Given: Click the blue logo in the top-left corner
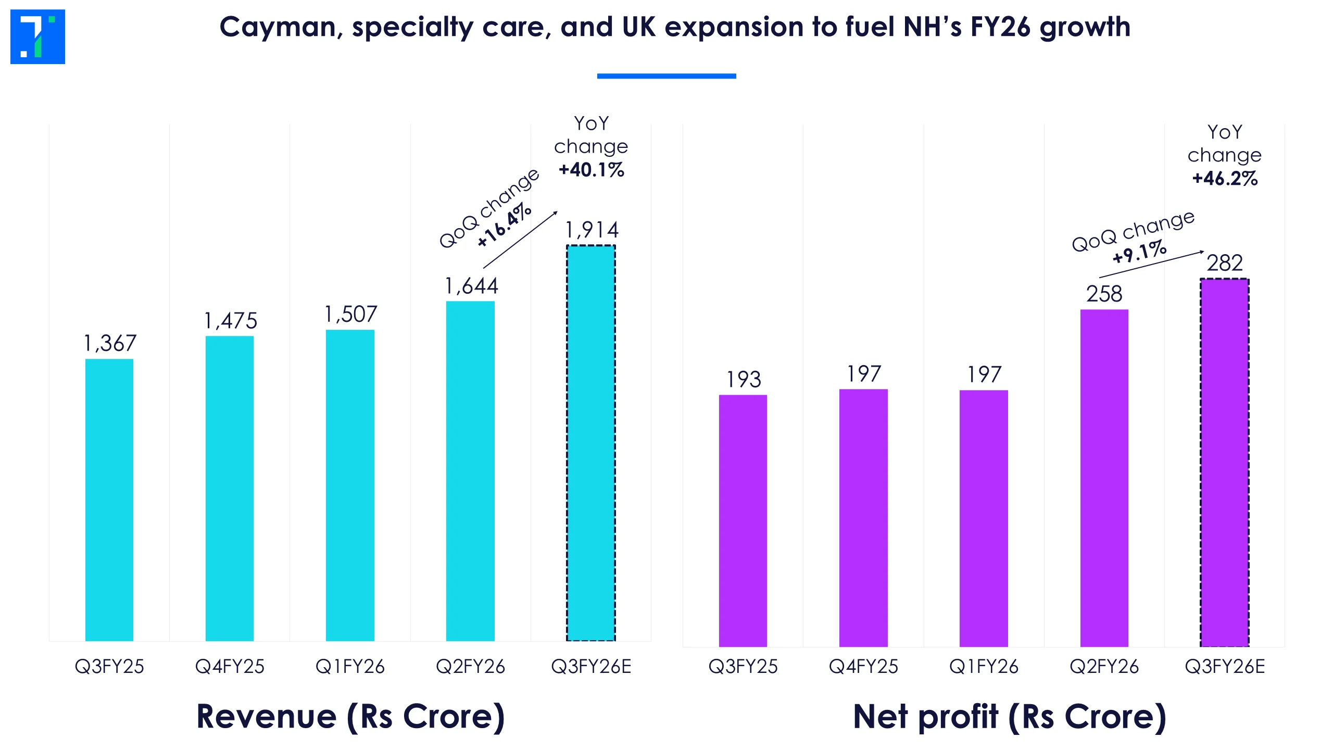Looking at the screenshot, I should [37, 36].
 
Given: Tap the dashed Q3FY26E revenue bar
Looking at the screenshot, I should [591, 443].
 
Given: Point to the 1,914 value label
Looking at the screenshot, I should [592, 230].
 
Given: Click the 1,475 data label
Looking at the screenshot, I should [231, 321].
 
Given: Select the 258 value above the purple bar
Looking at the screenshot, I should [1104, 294].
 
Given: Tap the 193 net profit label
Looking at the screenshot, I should [744, 379].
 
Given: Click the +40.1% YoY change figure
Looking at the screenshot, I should [592, 170].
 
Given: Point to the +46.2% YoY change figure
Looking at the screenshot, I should [1225, 179].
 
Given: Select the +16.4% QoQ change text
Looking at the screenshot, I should [504, 225].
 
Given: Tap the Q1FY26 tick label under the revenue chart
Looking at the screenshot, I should [350, 667].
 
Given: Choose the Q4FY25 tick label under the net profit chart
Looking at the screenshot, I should [863, 667].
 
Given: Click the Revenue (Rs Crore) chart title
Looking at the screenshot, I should [350, 717].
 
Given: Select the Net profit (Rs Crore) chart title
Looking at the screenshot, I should [1010, 717].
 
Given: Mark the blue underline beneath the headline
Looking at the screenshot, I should [666, 76].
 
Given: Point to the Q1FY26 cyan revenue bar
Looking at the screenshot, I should [350, 484].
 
